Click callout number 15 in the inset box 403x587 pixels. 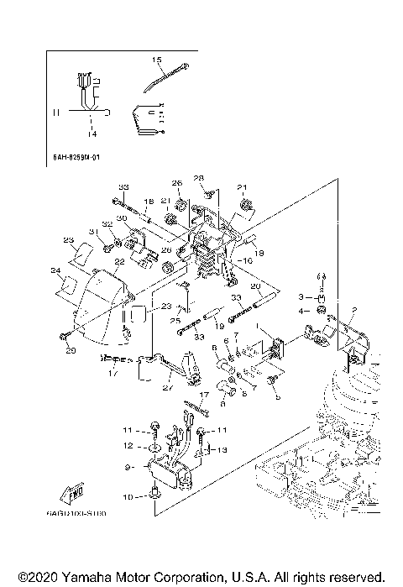click(156, 60)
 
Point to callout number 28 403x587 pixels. click(199, 177)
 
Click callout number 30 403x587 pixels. click(122, 218)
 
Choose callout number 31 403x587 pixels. click(93, 232)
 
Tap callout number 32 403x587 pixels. click(107, 224)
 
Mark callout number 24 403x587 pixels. click(55, 270)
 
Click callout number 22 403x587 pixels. click(119, 263)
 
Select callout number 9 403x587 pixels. click(127, 467)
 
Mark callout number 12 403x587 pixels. click(128, 445)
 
